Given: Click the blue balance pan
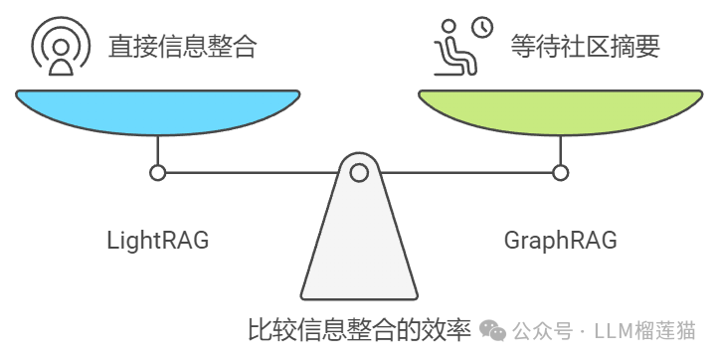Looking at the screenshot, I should coord(157,109).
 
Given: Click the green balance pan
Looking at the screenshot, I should coord(560,109).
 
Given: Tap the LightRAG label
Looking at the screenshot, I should coord(157,241).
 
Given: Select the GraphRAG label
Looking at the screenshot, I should coord(560,241).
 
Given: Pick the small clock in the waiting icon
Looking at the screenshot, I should coord(481,28).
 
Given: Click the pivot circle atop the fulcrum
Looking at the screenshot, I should coord(358,173).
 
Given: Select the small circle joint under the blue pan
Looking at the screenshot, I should coord(157,173).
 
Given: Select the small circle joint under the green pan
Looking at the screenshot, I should coord(560,173).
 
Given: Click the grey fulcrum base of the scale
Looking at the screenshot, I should coord(358,249).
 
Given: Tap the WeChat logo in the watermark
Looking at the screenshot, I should coord(493,329).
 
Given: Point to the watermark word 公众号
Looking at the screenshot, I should coord(543,330).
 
